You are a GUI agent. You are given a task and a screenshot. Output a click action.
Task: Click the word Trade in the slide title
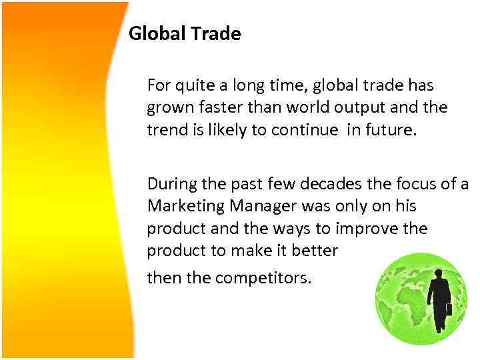tap(215, 33)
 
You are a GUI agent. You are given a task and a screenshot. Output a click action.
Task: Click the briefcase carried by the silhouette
tap(450, 310)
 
